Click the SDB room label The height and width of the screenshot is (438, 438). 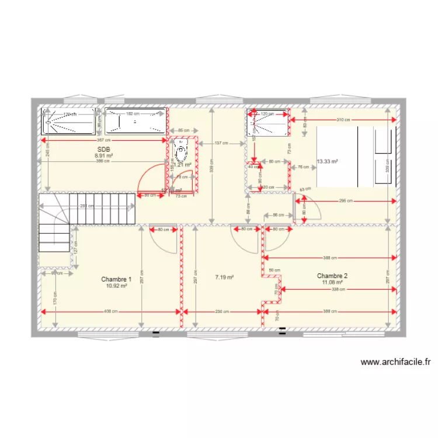click(x=103, y=149)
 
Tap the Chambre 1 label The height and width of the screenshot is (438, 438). click(x=116, y=279)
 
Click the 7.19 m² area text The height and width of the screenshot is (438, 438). click(x=224, y=277)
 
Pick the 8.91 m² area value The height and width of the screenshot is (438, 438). click(x=104, y=156)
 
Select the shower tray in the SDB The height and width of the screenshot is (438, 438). click(x=68, y=121)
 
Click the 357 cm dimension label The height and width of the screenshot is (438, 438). click(x=104, y=140)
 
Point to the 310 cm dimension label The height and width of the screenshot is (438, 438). click(x=343, y=120)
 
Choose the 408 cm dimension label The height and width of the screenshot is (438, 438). click(x=112, y=311)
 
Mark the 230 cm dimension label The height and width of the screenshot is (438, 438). click(x=221, y=311)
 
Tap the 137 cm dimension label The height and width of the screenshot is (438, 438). click(x=221, y=143)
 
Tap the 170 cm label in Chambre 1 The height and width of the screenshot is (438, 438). click(x=55, y=298)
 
